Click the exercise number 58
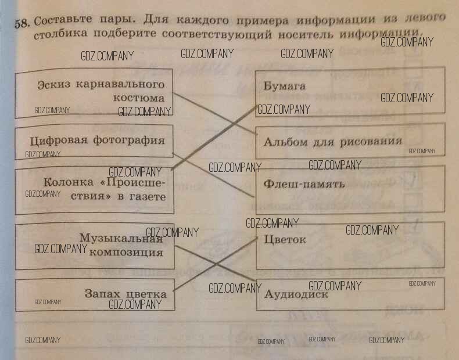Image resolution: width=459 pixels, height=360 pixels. [21, 23]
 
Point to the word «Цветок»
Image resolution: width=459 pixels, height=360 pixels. [285, 239]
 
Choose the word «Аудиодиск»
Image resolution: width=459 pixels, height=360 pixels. [296, 294]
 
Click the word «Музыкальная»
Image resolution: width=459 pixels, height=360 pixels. [121, 238]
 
